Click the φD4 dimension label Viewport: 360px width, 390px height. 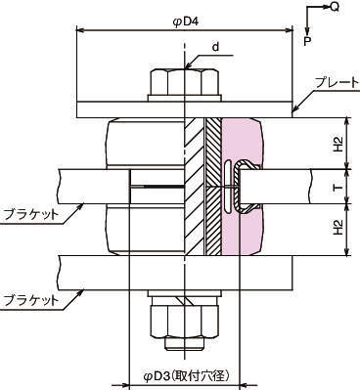coord(185,22)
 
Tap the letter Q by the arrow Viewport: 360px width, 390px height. coord(335,7)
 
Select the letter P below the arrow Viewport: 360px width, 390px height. coord(307,41)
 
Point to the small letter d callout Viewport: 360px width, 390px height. coord(215,47)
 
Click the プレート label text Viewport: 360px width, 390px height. coord(337,83)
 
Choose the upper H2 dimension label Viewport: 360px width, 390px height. coord(338,144)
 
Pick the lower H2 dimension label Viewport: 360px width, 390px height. coord(338,227)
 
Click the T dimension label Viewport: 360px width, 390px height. coord(338,188)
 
